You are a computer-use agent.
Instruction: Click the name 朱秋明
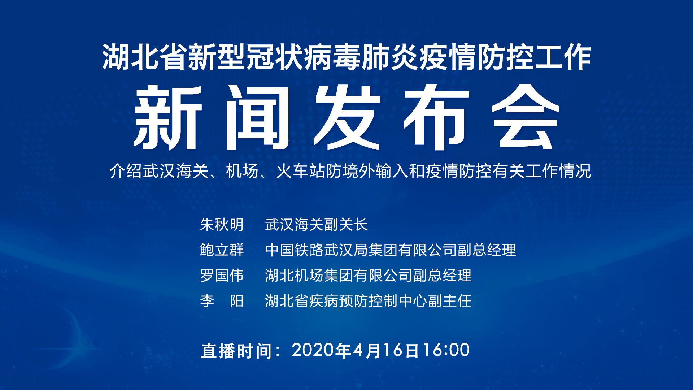click(222, 225)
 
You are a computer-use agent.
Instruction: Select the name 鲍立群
click(222, 250)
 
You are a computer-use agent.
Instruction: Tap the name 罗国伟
click(222, 276)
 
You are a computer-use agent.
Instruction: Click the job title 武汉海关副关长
click(316, 225)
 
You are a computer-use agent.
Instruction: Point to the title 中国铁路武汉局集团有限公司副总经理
click(391, 250)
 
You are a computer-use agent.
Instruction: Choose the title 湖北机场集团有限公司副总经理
click(368, 276)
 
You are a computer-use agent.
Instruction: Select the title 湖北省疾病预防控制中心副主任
click(368, 301)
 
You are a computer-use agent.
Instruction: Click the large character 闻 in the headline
click(257, 118)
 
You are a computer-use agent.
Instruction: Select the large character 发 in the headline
click(347, 118)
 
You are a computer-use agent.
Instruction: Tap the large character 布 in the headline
click(436, 118)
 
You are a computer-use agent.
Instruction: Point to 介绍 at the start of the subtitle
click(126, 171)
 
